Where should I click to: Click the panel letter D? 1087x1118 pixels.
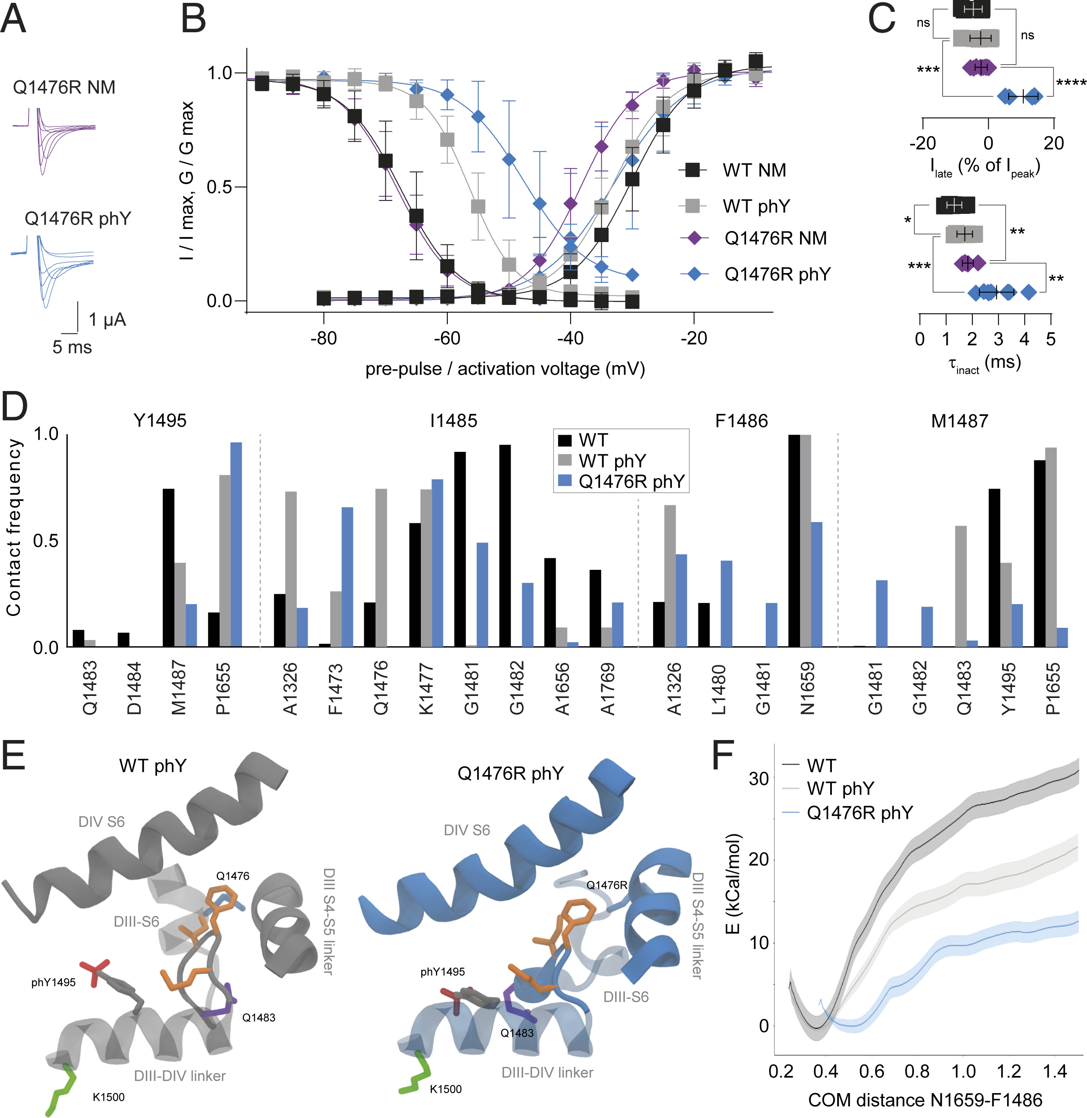click(15, 407)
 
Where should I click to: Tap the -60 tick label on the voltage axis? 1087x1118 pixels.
click(447, 339)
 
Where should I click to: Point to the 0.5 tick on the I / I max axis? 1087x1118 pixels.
click(220, 187)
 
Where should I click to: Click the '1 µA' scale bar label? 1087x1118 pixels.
click(107, 319)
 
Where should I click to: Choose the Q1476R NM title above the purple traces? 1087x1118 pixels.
click(64, 87)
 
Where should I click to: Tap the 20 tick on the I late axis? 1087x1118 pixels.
click(1053, 143)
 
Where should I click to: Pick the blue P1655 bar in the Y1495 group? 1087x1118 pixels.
click(236, 544)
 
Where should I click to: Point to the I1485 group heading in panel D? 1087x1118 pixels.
click(453, 421)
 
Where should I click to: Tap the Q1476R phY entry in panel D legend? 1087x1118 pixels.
click(631, 481)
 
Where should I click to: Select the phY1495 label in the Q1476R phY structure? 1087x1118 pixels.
click(442, 971)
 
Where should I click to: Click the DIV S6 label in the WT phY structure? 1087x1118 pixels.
click(102, 822)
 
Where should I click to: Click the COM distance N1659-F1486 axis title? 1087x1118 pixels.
click(925, 1100)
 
